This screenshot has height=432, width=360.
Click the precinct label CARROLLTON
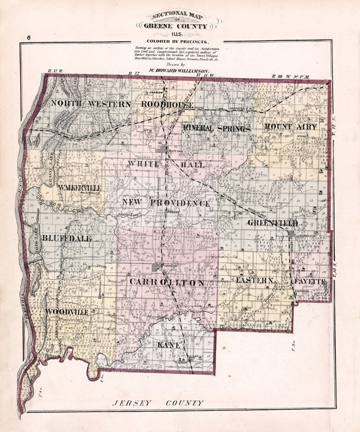167,283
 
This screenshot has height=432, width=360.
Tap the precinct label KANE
169,345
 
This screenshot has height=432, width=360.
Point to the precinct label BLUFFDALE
67,238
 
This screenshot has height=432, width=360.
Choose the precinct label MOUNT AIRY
290,126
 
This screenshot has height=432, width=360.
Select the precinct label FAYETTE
310,281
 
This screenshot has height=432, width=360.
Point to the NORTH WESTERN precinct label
91,103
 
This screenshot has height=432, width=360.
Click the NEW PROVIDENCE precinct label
166,203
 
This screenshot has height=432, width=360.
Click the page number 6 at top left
28,38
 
